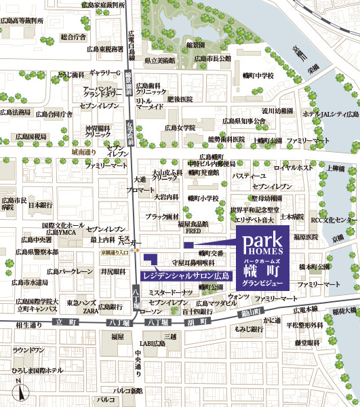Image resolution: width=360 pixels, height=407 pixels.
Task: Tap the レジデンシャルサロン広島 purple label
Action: [185, 276]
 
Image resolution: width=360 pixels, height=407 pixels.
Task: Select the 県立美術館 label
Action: [160, 60]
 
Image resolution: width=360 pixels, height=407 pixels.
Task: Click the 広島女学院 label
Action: [179, 127]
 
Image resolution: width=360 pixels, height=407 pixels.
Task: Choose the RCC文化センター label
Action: [333, 220]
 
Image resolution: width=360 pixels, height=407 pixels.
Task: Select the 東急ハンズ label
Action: [80, 303]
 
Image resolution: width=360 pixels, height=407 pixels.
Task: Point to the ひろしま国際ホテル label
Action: [37, 370]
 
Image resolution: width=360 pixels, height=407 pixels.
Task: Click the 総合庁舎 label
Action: [73, 37]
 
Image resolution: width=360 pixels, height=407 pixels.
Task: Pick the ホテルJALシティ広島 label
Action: [330, 115]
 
